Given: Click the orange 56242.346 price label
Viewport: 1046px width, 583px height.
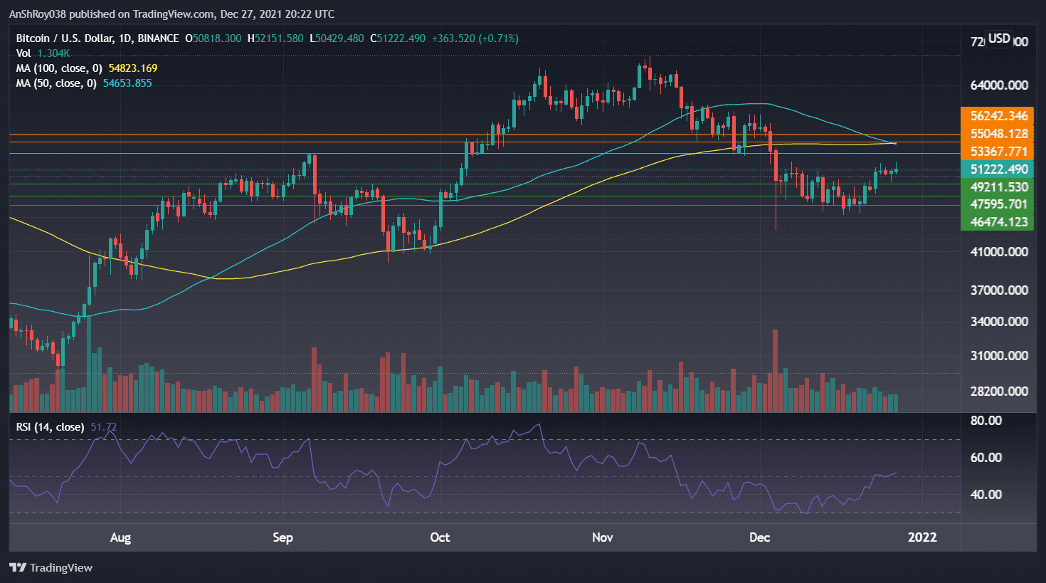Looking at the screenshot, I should (998, 116).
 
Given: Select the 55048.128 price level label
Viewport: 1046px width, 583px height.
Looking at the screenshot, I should (998, 134).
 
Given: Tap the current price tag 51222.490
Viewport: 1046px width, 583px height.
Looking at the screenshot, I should (998, 169).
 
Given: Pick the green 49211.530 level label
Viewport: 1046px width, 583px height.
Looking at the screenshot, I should (998, 187).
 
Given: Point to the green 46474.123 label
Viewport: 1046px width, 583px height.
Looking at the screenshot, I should (998, 222).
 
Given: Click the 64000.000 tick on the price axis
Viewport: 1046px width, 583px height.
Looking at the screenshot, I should (998, 85).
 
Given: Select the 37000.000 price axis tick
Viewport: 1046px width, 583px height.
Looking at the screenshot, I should (998, 290).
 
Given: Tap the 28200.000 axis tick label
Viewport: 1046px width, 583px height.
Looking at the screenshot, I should (998, 392).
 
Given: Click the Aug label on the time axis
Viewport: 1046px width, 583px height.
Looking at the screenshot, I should (120, 537).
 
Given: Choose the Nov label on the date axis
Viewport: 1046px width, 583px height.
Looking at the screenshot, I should (602, 537).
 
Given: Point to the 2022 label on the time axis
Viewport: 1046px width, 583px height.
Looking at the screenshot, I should (922, 537).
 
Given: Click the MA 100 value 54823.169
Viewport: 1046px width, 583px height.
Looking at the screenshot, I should (132, 68).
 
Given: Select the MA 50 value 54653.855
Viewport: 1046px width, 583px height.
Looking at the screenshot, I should (127, 83).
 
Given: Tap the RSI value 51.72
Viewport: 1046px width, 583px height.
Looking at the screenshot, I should (104, 427).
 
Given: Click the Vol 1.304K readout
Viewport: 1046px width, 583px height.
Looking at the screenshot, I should (53, 53).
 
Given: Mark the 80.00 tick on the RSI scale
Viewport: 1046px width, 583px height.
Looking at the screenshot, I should (986, 421).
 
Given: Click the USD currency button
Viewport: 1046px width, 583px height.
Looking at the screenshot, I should (999, 38).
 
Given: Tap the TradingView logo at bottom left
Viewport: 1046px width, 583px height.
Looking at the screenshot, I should (51, 567).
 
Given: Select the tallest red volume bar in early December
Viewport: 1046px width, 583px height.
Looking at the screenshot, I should (775, 370).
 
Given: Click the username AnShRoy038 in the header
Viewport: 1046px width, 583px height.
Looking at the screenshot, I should (42, 14).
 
